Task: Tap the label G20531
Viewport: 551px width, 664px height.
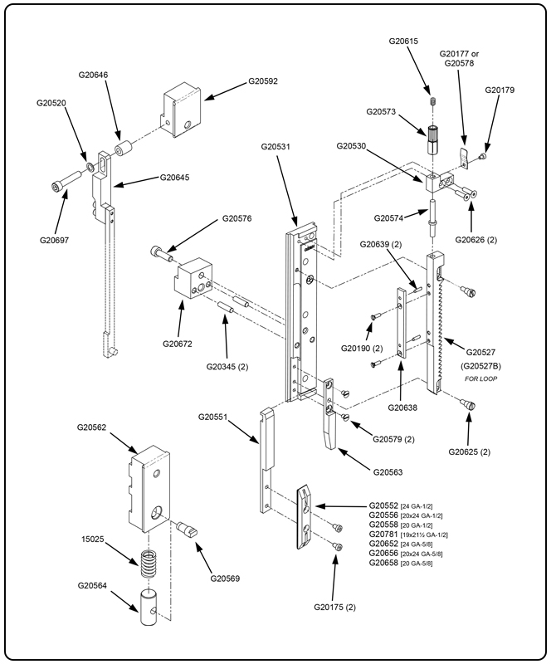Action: tap(275, 147)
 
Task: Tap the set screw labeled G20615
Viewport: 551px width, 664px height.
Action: tap(432, 103)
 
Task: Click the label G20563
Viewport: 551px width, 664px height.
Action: tap(393, 472)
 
